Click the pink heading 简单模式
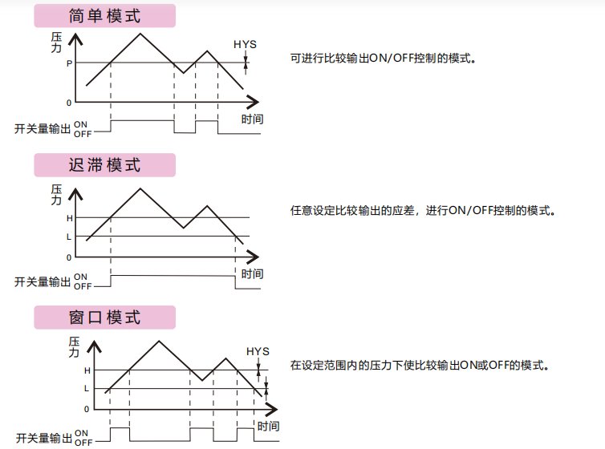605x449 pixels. tap(104, 16)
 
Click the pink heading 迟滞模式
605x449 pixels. tap(104, 165)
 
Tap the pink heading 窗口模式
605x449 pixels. tap(104, 318)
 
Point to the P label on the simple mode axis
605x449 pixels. tap(69, 63)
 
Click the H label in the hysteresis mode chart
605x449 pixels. tap(69, 218)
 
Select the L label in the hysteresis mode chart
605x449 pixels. tap(69, 237)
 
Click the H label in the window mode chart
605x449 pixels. tap(87, 370)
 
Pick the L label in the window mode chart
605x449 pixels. tap(87, 389)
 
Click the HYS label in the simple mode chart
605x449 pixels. tap(245, 44)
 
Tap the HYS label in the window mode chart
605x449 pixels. tap(258, 351)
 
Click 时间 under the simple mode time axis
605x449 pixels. tap(252, 119)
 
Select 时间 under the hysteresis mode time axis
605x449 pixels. tap(252, 274)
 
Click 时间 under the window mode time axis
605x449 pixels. tap(269, 426)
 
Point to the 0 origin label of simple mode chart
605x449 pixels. tap(69, 103)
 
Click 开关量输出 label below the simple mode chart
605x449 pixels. tap(43, 129)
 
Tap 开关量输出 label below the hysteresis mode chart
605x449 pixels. tap(43, 281)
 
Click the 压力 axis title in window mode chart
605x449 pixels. tap(75, 347)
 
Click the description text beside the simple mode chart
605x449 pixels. tap(384, 59)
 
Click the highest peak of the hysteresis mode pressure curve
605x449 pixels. tap(140, 188)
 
